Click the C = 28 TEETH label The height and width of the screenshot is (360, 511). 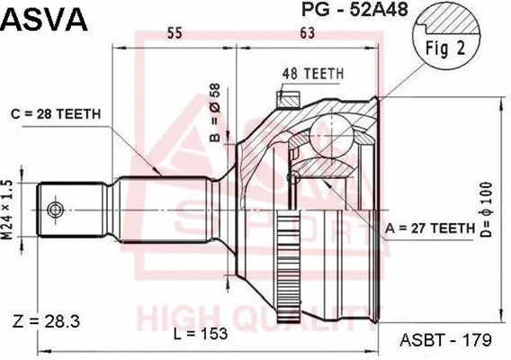click(56, 113)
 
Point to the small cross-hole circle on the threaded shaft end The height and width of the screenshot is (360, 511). click(56, 210)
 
